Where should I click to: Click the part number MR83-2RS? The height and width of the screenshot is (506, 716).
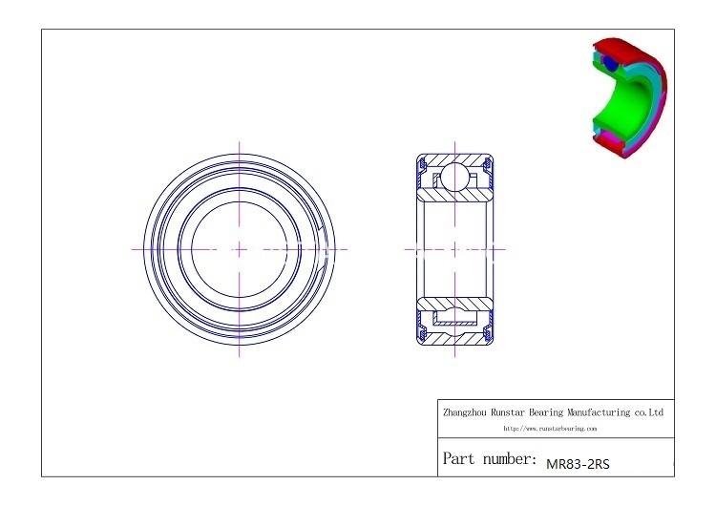pyautogui.click(x=577, y=464)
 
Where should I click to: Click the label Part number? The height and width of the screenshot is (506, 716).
pyautogui.click(x=489, y=459)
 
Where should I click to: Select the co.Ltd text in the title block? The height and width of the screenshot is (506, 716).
pyautogui.click(x=649, y=412)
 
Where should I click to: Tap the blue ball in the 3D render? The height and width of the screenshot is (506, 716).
pyautogui.click(x=608, y=64)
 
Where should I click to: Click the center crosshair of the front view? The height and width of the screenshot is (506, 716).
pyautogui.click(x=239, y=249)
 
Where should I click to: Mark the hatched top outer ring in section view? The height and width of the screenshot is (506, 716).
pyautogui.click(x=453, y=158)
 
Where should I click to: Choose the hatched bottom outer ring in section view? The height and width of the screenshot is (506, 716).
pyautogui.click(x=453, y=340)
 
